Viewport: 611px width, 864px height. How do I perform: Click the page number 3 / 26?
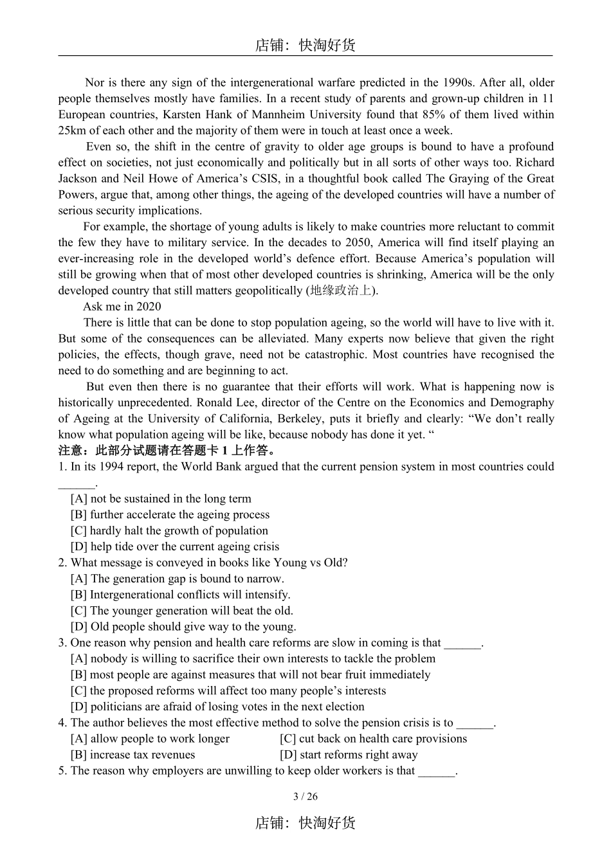[305, 797]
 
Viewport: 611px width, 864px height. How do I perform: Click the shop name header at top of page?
[305, 45]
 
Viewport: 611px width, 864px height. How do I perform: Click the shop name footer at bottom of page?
[305, 824]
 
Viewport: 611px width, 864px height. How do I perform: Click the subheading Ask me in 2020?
[122, 307]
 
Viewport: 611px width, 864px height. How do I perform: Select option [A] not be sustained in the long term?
[161, 499]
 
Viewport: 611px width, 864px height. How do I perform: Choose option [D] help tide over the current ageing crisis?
[175, 547]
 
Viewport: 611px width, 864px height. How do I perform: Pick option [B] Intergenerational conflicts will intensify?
[180, 595]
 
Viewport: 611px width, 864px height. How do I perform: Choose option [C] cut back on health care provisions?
[373, 739]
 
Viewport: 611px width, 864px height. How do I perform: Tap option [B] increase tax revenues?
[133, 755]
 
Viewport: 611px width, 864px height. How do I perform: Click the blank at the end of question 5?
[437, 771]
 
